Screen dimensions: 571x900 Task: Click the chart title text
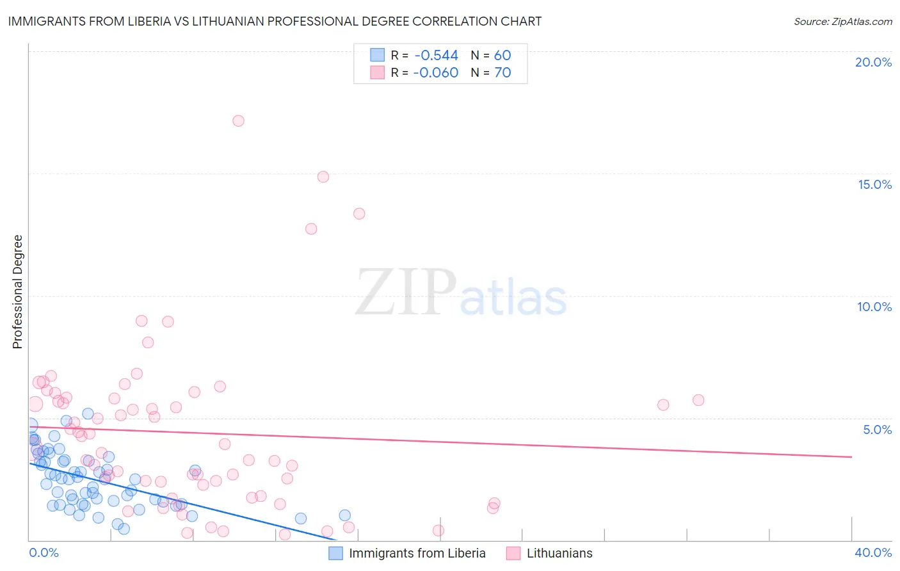point(275,21)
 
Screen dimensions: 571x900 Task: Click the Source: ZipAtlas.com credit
point(842,21)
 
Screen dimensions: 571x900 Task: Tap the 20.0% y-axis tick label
point(873,62)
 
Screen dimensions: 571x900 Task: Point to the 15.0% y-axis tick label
point(874,184)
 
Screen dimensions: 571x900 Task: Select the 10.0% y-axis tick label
point(874,307)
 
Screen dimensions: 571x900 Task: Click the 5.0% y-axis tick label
point(877,430)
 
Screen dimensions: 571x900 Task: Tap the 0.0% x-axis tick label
point(44,552)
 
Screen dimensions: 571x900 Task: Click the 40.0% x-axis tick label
point(872,552)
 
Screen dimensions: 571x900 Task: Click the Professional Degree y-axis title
point(17,292)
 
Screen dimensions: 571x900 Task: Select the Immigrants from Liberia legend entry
point(417,553)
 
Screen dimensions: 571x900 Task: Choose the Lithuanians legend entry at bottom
point(559,553)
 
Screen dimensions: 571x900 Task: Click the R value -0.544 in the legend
point(435,56)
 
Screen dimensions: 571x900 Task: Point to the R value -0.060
point(435,73)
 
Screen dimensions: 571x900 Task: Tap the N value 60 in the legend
point(502,56)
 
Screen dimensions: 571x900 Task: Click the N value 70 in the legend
point(502,73)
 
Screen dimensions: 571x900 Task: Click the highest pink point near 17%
point(238,120)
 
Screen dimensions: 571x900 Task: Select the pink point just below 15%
point(323,177)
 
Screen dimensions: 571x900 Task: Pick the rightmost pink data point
point(698,400)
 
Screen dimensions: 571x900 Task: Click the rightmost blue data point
point(345,515)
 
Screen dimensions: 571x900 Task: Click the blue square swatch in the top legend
point(377,56)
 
